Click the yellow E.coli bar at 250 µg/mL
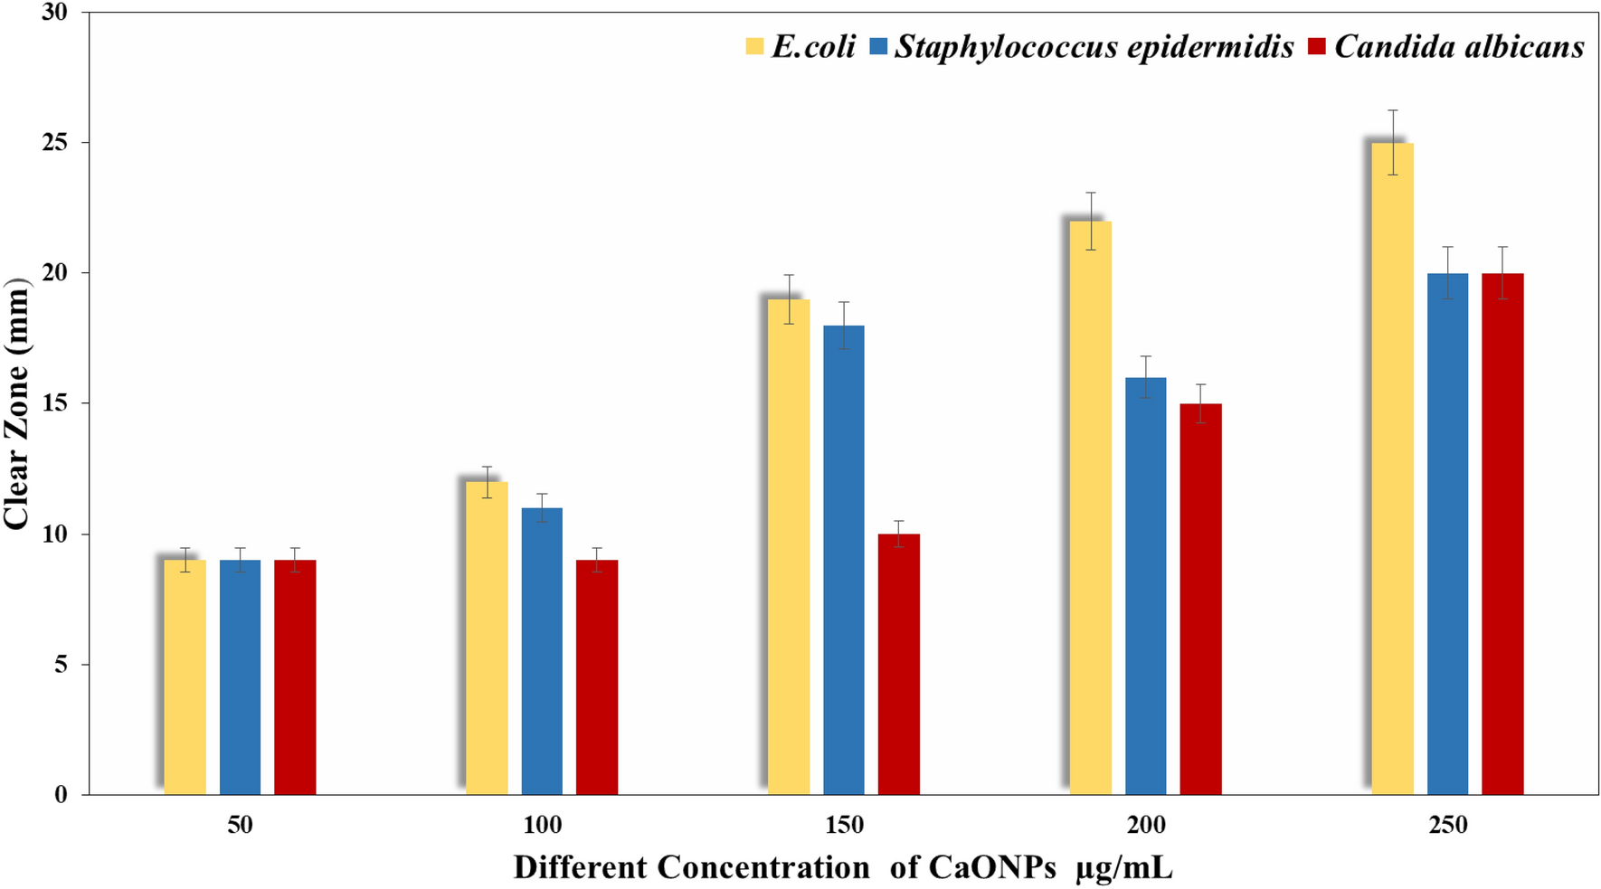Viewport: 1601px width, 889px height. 1392,470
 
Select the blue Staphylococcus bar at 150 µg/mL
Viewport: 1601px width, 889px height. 843,561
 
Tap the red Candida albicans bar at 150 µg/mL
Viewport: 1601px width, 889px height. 898,665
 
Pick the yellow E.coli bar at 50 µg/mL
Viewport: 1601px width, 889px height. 185,678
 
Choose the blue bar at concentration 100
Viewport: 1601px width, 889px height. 541,651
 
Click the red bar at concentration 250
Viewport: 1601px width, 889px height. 1502,534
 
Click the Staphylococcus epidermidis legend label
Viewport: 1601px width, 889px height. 1094,46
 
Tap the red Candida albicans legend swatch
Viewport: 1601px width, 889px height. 1317,46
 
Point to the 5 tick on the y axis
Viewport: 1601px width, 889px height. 62,665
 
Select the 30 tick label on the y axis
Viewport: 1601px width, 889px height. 56,13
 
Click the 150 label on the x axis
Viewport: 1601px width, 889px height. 844,825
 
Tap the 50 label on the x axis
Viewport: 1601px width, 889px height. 240,825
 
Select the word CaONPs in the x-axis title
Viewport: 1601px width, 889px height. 992,867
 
